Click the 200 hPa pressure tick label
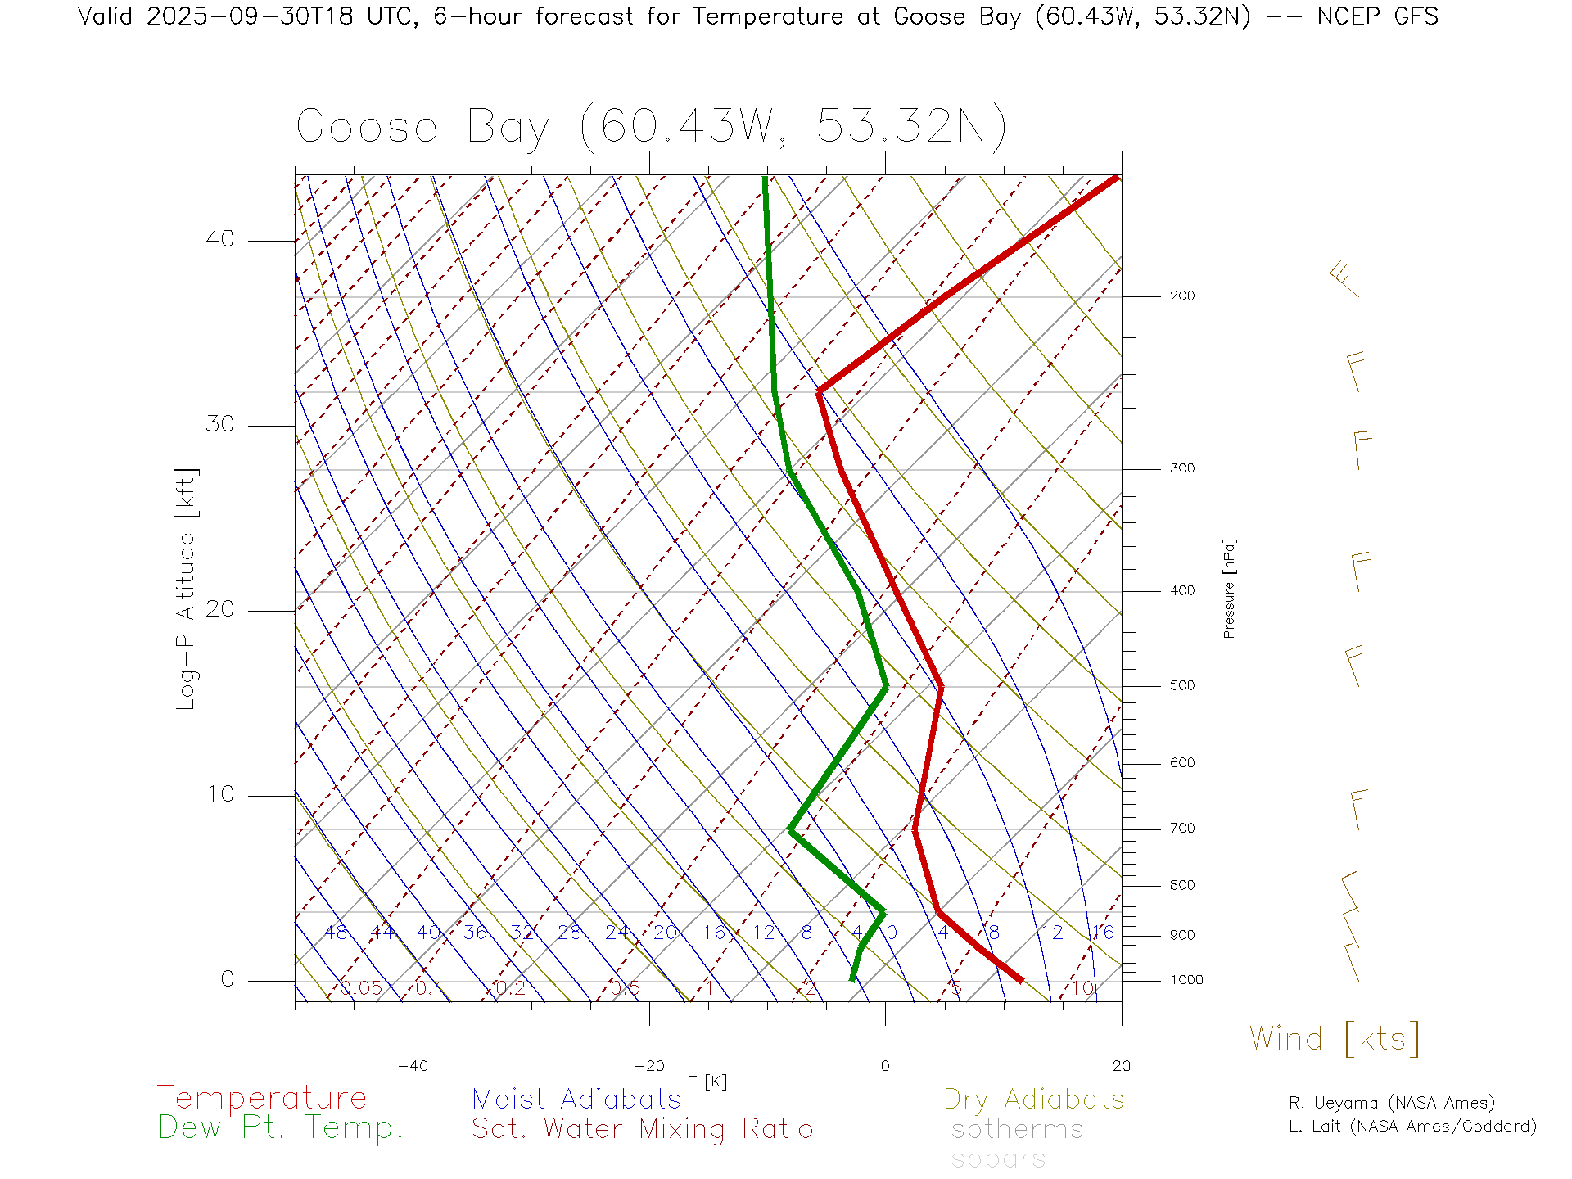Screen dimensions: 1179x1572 [x=1181, y=296]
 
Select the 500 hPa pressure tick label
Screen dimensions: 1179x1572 [x=1181, y=686]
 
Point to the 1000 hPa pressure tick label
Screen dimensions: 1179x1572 [x=1186, y=980]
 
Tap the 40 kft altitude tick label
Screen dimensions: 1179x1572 [x=219, y=239]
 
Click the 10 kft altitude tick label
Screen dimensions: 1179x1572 [x=219, y=794]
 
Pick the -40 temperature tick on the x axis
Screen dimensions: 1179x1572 [x=413, y=1066]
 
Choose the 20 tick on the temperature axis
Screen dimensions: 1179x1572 [x=1121, y=1066]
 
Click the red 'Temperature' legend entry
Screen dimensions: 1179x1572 [x=262, y=1098]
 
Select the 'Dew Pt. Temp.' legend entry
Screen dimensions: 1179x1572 [x=281, y=1128]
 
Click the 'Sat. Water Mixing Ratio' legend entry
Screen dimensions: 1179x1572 [x=642, y=1129]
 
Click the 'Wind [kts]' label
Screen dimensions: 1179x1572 [x=1335, y=1039]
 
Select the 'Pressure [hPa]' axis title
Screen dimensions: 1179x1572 [x=1229, y=589]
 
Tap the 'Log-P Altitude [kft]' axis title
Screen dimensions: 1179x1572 [x=187, y=589]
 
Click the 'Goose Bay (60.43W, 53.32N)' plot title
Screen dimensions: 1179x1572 [x=651, y=127]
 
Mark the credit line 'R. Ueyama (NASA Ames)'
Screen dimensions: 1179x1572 [x=1391, y=1103]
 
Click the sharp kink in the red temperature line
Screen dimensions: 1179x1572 [x=820, y=391]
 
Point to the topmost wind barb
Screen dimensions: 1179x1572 [x=1343, y=278]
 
